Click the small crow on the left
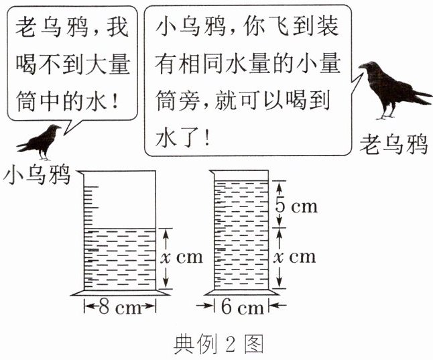(x=40, y=140)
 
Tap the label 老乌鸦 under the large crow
(x=393, y=143)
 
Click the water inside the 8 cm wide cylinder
(x=120, y=258)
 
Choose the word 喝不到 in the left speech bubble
(x=53, y=64)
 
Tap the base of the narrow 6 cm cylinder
(x=241, y=292)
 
